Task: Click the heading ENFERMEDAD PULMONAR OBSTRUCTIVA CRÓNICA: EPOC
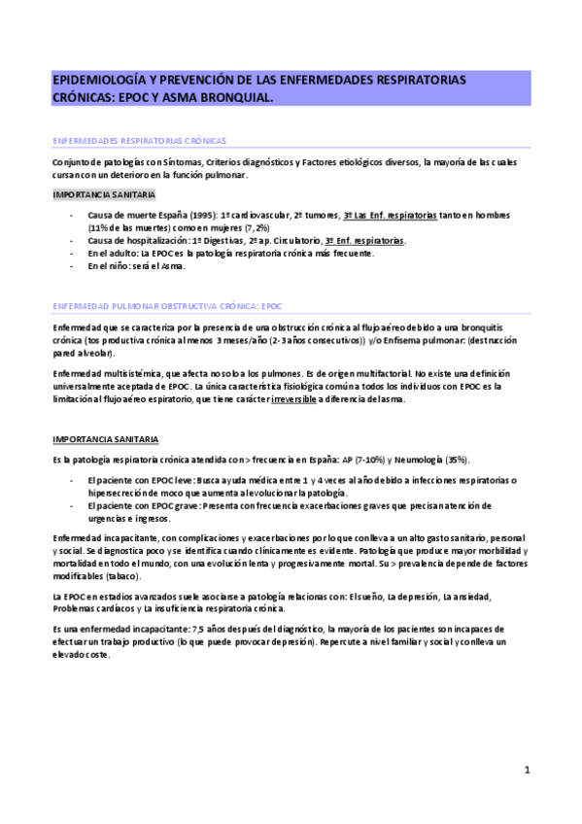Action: point(166,305)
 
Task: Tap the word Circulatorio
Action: point(291,239)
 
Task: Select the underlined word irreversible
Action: point(296,399)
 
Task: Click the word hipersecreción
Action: point(118,493)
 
